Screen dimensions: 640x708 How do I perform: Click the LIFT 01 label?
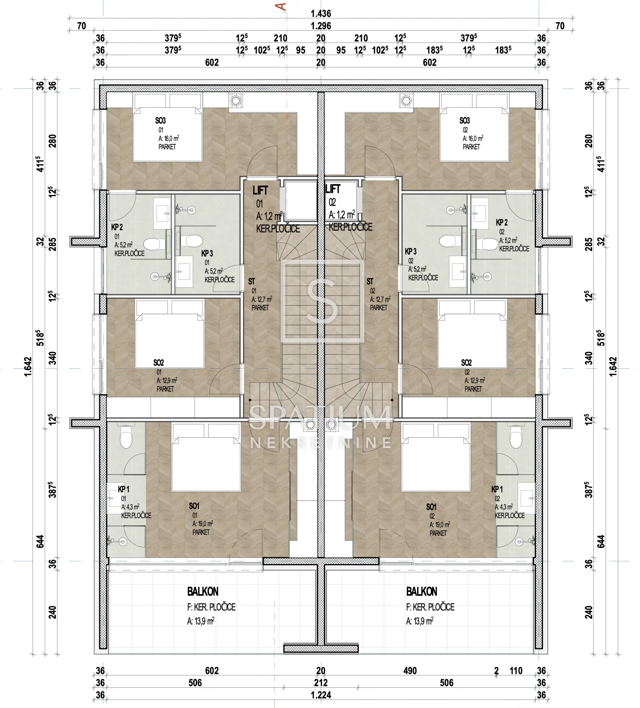(260, 191)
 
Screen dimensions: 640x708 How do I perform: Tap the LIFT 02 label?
(333, 189)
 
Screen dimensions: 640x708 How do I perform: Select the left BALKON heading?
(203, 591)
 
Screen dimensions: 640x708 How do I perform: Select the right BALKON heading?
(421, 591)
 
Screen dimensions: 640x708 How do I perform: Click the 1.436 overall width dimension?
(321, 14)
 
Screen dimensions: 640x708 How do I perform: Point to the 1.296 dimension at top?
(321, 26)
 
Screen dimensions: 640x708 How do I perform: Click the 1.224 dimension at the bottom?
(321, 695)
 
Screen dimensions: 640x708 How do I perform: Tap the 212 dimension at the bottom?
(321, 683)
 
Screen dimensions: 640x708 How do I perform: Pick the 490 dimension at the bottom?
(410, 671)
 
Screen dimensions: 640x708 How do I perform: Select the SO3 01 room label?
(161, 121)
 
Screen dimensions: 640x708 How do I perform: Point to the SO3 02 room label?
(465, 121)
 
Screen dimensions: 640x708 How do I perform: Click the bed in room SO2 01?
(170, 334)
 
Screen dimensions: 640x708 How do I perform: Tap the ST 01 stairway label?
(252, 282)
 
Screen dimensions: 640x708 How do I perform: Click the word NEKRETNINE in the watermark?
(321, 443)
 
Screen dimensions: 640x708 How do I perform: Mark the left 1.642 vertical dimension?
(28, 367)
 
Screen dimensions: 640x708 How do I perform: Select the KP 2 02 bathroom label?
(502, 222)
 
